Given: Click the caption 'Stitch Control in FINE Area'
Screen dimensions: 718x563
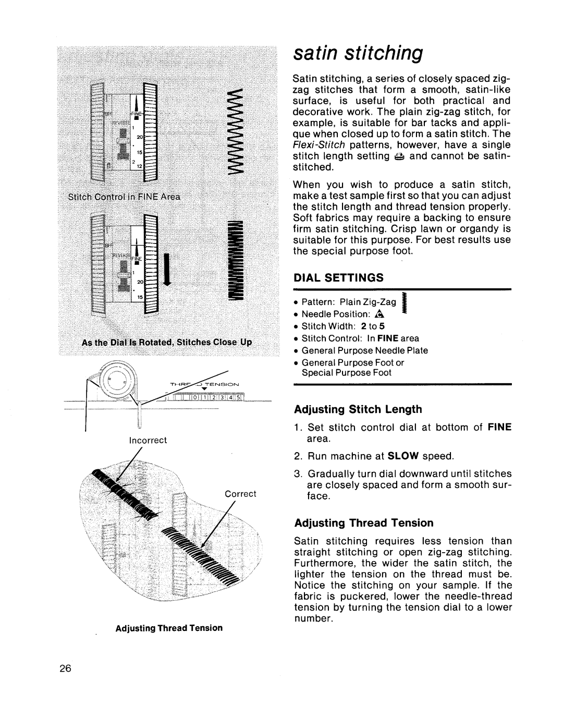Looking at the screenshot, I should [131, 197].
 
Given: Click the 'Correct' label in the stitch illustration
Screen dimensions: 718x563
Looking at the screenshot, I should [240, 493].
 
